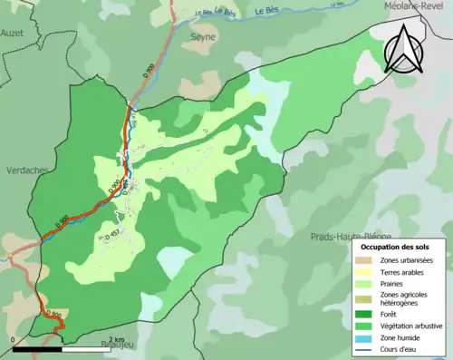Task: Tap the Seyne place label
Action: (202, 37)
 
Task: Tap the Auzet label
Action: (11, 31)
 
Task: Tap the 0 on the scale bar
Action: (14, 339)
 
